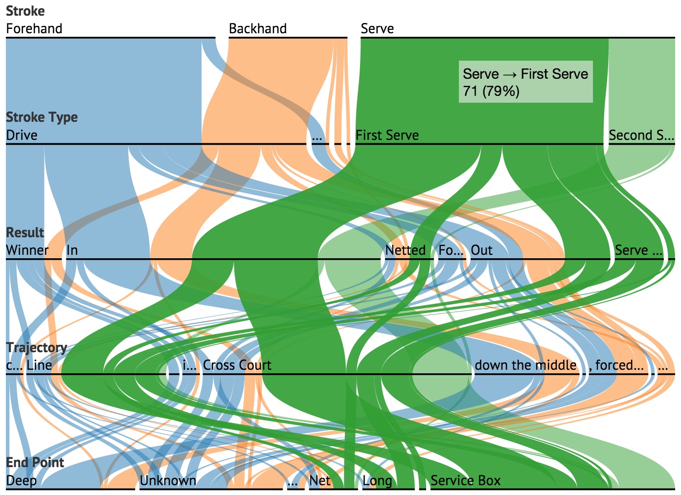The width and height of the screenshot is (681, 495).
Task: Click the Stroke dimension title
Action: (25, 11)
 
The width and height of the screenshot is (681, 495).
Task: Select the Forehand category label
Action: (34, 29)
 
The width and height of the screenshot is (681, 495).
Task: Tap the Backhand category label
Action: (258, 29)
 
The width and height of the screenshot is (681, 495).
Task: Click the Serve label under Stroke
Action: (377, 29)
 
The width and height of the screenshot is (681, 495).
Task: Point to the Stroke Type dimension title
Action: (42, 117)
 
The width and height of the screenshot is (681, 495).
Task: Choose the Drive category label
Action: (22, 135)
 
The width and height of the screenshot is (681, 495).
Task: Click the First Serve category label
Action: (387, 135)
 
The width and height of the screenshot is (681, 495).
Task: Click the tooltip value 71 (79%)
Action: (491, 91)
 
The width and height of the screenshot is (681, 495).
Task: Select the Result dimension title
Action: (25, 232)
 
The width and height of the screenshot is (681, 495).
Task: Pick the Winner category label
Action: (27, 250)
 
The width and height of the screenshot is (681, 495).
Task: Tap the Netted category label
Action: (405, 250)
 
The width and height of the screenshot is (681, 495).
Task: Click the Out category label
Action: (481, 250)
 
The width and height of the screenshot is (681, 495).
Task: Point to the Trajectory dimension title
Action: (37, 347)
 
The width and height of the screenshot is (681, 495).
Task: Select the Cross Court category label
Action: (237, 365)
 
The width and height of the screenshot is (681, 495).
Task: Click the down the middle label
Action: (525, 365)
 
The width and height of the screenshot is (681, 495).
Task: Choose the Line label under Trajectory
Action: (39, 365)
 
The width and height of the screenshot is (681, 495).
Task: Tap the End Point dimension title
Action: (35, 462)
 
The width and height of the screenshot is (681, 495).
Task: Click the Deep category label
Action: (21, 481)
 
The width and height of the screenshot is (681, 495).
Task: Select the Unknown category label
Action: (168, 481)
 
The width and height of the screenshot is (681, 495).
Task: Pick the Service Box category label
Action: (465, 481)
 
